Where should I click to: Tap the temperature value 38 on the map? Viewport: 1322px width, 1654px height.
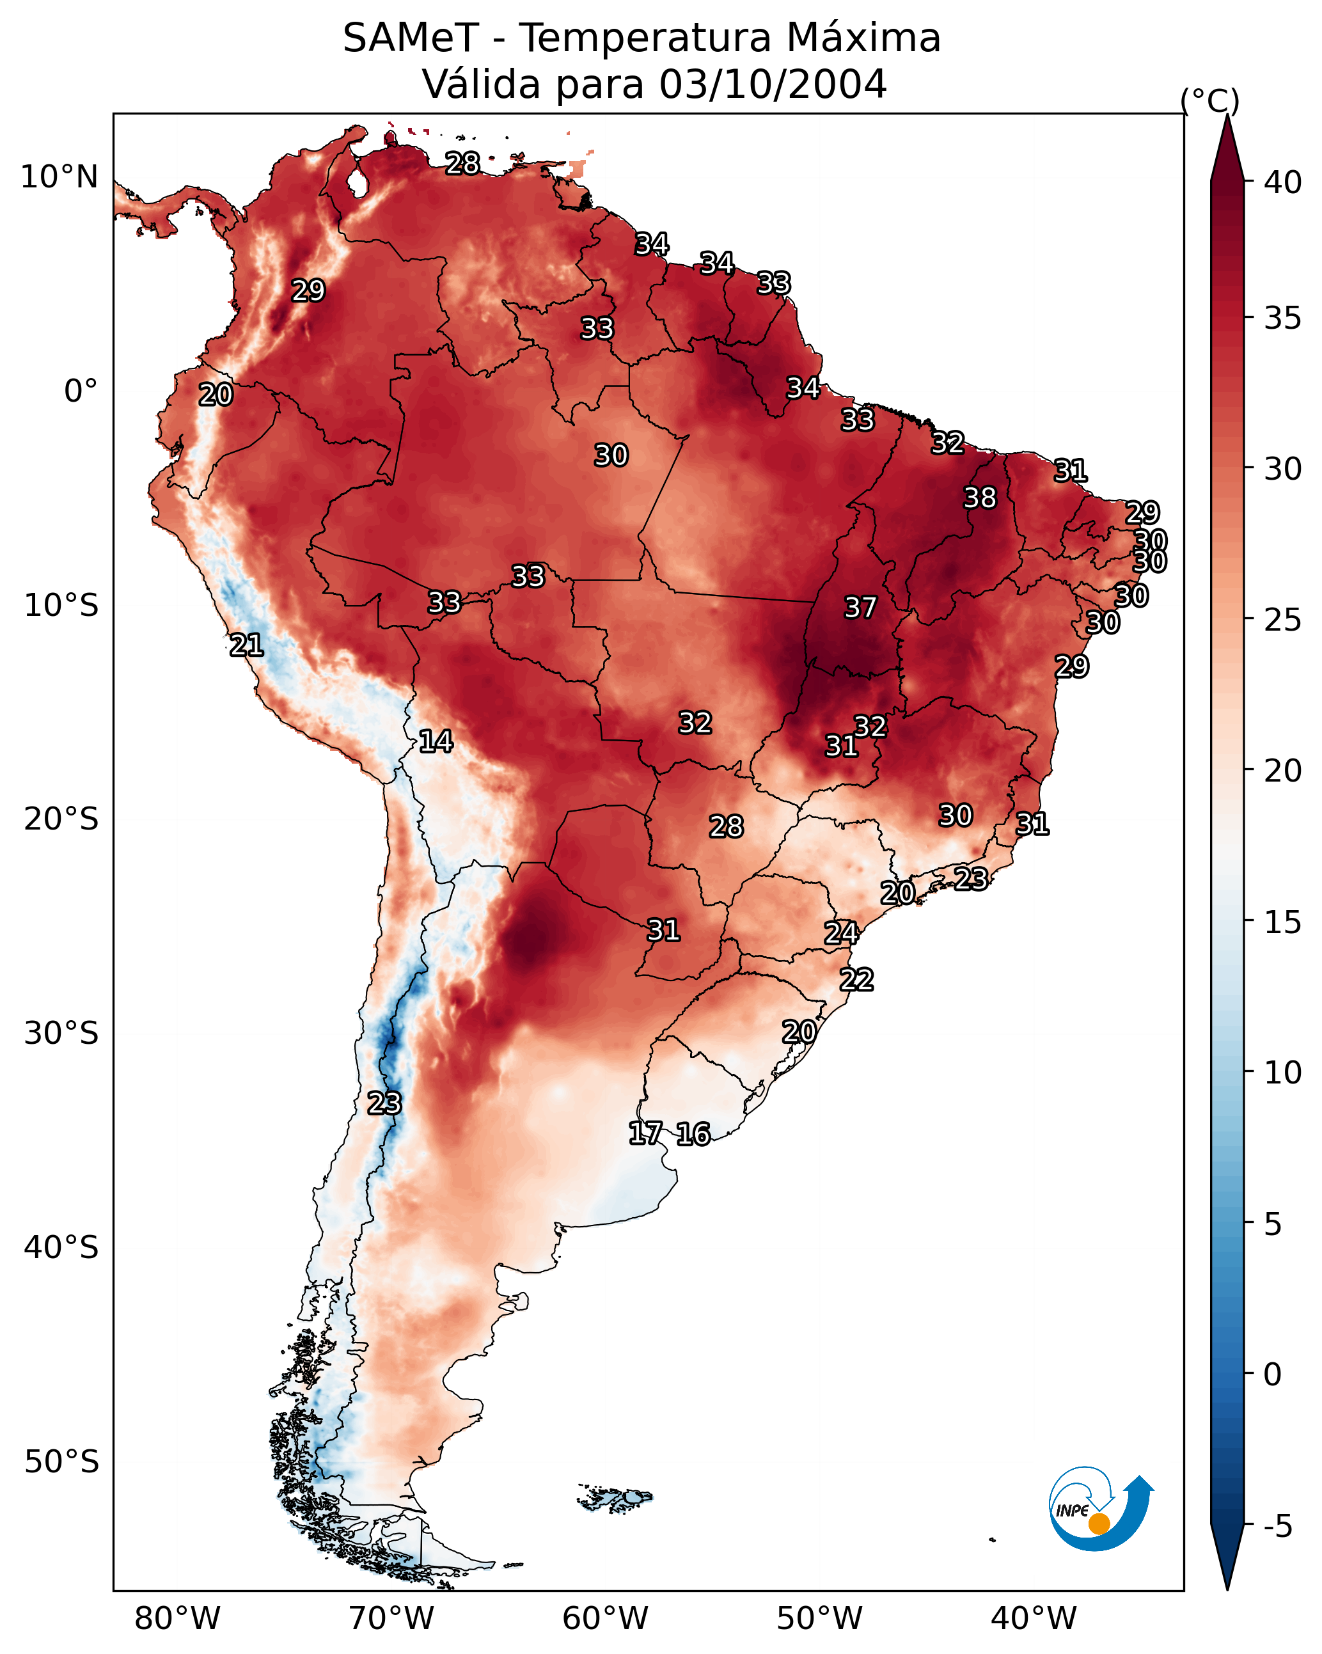[x=980, y=498]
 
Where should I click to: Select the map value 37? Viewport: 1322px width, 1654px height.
[x=860, y=608]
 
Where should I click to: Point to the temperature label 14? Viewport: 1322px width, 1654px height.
[x=436, y=741]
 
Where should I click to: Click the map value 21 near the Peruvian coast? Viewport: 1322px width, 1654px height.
[x=246, y=645]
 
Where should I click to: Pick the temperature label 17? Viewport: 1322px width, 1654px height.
[x=645, y=1133]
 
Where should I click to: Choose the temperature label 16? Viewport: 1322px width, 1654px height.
[x=693, y=1134]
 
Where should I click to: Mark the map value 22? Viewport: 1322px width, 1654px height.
[x=856, y=980]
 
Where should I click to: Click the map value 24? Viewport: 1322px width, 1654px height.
[x=841, y=933]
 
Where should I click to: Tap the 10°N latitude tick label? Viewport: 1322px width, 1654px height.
[x=59, y=177]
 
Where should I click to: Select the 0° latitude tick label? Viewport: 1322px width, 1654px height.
[x=81, y=391]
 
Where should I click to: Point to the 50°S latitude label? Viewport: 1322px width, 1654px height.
[x=61, y=1461]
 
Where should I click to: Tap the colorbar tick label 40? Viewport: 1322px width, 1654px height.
[x=1283, y=182]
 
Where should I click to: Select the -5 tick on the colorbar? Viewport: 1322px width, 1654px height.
[x=1277, y=1526]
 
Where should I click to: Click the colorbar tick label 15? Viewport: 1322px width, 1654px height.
[x=1283, y=922]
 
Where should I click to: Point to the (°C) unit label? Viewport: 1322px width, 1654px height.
[x=1209, y=100]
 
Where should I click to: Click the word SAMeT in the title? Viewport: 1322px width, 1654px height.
[x=411, y=38]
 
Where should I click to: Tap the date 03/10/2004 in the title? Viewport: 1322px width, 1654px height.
[x=773, y=84]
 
